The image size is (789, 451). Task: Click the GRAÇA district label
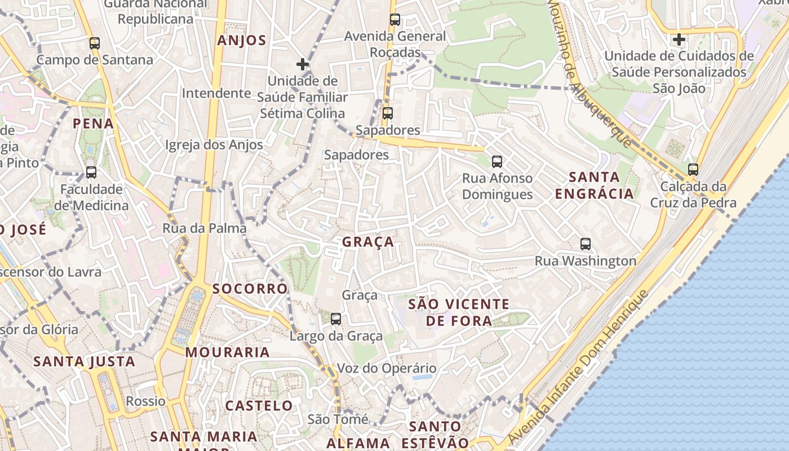[x=368, y=242]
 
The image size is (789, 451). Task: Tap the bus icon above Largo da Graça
[x=336, y=319]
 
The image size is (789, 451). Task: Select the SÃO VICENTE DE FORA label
[x=458, y=312]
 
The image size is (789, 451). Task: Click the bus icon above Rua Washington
[x=586, y=244]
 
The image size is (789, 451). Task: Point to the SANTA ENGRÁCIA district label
[x=594, y=185]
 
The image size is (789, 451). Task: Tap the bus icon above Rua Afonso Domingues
[x=497, y=162]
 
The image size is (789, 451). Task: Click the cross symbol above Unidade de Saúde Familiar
[x=303, y=64]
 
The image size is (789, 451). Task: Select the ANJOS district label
[x=242, y=40]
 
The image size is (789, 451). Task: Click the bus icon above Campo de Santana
[x=95, y=43]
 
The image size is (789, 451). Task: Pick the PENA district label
[x=93, y=123]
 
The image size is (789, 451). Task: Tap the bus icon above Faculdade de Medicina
[x=91, y=173]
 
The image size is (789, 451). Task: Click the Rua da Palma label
[x=205, y=228]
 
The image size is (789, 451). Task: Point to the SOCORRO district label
[x=250, y=289]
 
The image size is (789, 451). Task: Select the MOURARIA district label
[x=228, y=352]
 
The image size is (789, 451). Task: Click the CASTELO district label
[x=259, y=405]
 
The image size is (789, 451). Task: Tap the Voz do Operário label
[x=387, y=369]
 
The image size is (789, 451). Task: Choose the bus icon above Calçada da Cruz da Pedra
[x=693, y=169]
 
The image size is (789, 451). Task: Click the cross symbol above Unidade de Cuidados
[x=679, y=40]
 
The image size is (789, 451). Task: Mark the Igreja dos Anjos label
[x=214, y=145]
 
